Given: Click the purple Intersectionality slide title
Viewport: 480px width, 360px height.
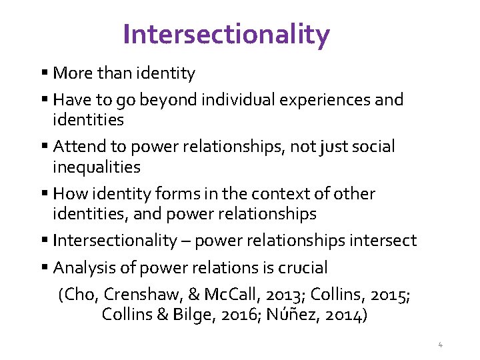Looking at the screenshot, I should point(226,34).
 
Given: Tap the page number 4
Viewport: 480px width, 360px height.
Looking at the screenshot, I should point(440,345).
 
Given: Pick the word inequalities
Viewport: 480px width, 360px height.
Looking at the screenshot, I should point(96,167).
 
